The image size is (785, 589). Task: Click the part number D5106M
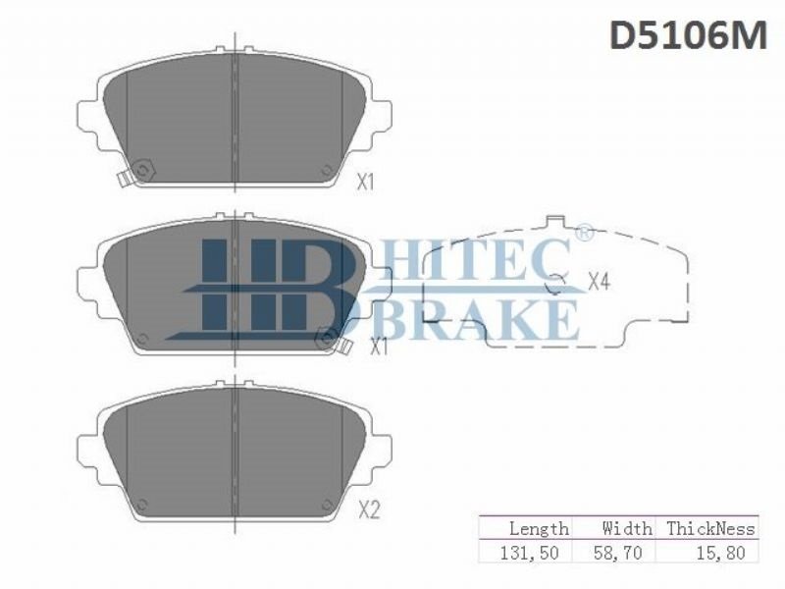coord(688,35)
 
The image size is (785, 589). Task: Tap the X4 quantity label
coord(599,282)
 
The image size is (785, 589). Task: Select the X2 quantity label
coord(370,510)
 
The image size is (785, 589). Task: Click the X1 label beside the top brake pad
coord(365,182)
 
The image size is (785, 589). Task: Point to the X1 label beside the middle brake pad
coord(379,347)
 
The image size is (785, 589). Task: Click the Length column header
coord(539,528)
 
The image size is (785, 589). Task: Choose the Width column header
coord(627,528)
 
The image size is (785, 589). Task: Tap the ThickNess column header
coord(710,528)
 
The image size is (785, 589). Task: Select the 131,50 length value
coord(529,553)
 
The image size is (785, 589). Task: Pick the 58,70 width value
coord(617,553)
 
